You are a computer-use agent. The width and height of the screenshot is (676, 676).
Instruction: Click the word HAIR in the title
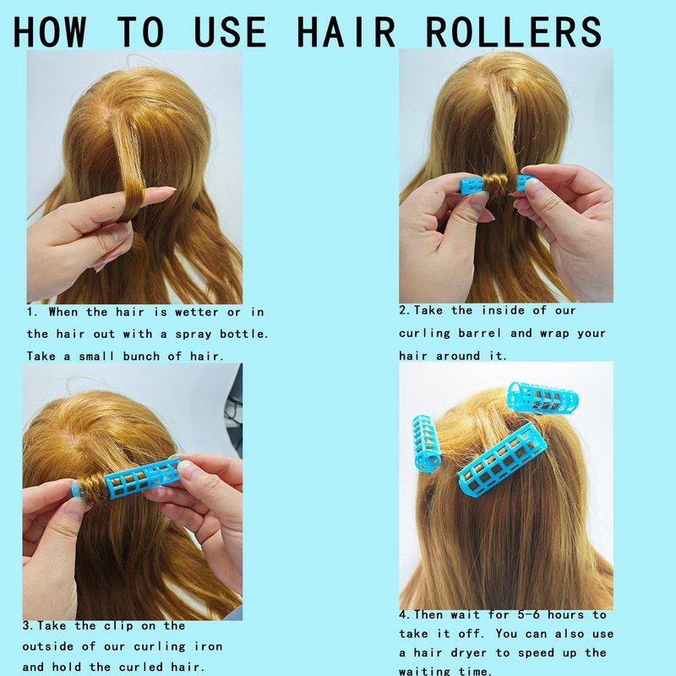click(x=346, y=31)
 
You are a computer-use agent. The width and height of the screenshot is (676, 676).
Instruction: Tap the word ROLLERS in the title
click(x=513, y=31)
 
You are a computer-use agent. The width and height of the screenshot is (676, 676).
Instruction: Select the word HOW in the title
click(x=50, y=31)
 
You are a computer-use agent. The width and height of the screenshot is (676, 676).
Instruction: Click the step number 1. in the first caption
click(x=33, y=312)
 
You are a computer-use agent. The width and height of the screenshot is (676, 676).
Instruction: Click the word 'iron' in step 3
click(x=209, y=646)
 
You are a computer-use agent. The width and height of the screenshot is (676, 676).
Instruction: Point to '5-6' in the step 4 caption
click(x=528, y=614)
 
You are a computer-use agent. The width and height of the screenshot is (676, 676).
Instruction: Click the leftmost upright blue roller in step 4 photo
click(x=427, y=443)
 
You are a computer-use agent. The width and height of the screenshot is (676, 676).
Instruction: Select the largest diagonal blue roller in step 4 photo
click(x=502, y=458)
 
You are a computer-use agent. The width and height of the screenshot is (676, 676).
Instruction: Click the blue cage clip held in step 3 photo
click(x=142, y=477)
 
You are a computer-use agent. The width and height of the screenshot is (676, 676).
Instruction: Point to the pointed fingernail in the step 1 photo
click(x=165, y=188)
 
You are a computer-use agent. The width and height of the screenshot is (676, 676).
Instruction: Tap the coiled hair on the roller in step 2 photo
click(x=499, y=183)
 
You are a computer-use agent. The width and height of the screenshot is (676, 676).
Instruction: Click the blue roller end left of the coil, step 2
click(x=472, y=185)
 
